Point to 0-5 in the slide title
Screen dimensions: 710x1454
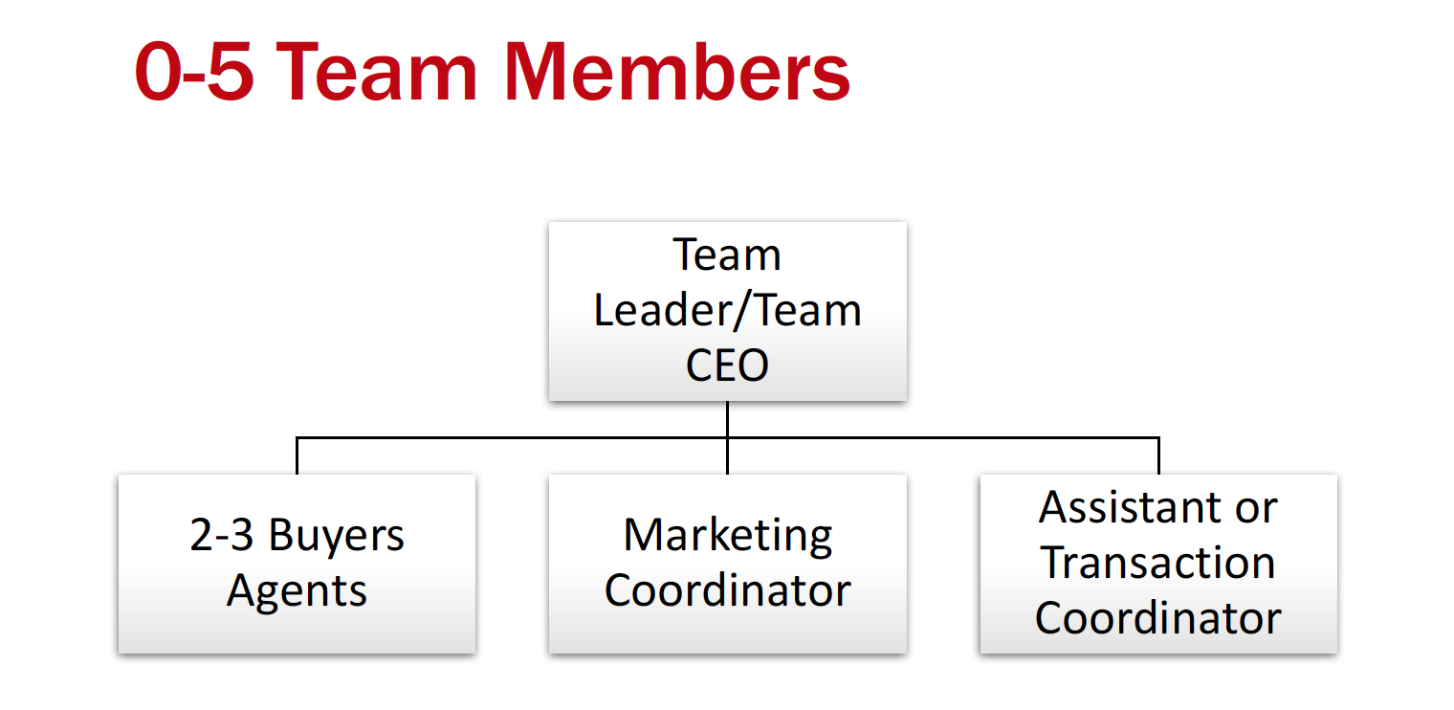click(193, 73)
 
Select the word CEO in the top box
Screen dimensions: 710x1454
click(727, 366)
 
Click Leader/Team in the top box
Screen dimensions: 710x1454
click(727, 311)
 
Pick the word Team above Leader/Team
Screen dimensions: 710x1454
click(727, 255)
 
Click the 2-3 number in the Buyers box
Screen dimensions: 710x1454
click(222, 536)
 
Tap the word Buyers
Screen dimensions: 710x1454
click(336, 536)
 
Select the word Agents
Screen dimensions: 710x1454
click(297, 591)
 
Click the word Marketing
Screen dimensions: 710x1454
click(727, 536)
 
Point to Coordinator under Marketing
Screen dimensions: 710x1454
click(727, 591)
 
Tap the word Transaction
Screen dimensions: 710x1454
click(1157, 563)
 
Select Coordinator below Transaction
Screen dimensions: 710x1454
click(1157, 618)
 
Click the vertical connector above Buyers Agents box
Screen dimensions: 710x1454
click(297, 456)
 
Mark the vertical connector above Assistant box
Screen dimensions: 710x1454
click(1158, 456)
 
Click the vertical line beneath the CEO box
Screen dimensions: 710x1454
click(727, 418)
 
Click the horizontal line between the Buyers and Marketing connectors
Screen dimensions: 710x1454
click(512, 438)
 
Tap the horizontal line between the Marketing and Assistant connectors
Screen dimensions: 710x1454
click(942, 438)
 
